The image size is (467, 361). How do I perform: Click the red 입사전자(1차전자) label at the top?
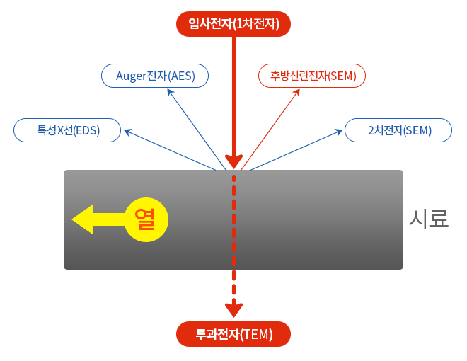coord(233,24)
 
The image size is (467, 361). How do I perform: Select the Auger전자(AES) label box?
coord(155,76)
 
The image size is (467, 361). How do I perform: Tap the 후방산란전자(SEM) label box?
coord(312,76)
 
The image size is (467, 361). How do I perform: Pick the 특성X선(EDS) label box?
coord(67,130)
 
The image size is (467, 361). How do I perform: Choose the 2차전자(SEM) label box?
coord(398,130)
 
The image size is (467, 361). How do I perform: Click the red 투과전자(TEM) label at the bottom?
coord(233,334)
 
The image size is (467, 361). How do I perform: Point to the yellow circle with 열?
coord(146,219)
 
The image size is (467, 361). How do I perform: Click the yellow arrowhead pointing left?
coord(83,219)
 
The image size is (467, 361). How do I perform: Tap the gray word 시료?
coord(429,218)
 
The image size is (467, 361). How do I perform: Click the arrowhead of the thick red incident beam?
coord(233,161)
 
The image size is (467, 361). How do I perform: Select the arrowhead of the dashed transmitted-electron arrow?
coord(233,309)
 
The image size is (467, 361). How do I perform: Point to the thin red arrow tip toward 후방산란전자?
coord(298,91)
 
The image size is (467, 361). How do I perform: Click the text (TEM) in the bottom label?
coord(256,334)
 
